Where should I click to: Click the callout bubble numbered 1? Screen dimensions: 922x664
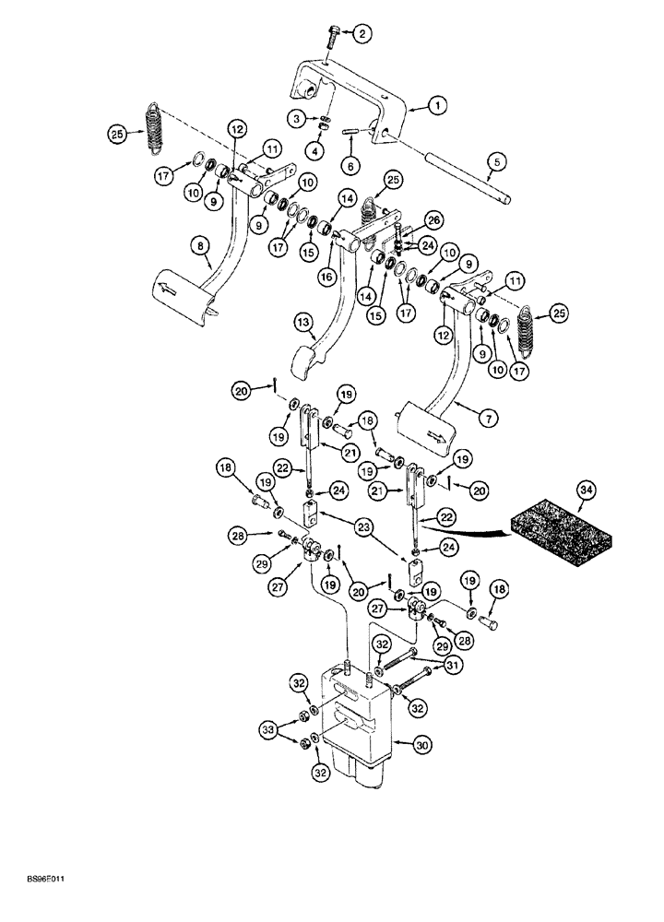(x=438, y=106)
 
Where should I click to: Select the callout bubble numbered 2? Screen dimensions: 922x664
(x=362, y=35)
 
